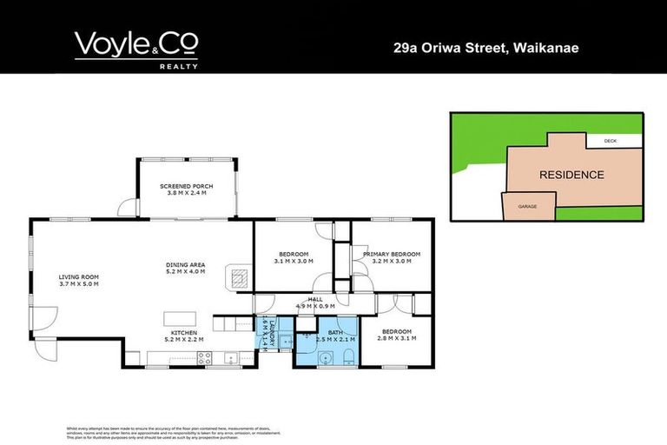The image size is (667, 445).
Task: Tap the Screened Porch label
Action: [x=186, y=189]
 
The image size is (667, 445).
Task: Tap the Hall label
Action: [x=302, y=300]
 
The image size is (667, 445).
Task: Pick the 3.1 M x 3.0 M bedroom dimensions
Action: [x=293, y=261]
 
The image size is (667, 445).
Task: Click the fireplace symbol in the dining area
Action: [x=238, y=277]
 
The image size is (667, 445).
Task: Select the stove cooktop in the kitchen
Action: [x=205, y=355]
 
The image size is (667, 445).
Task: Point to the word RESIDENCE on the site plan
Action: [x=571, y=175]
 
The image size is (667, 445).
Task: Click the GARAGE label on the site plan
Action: [x=526, y=207]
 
